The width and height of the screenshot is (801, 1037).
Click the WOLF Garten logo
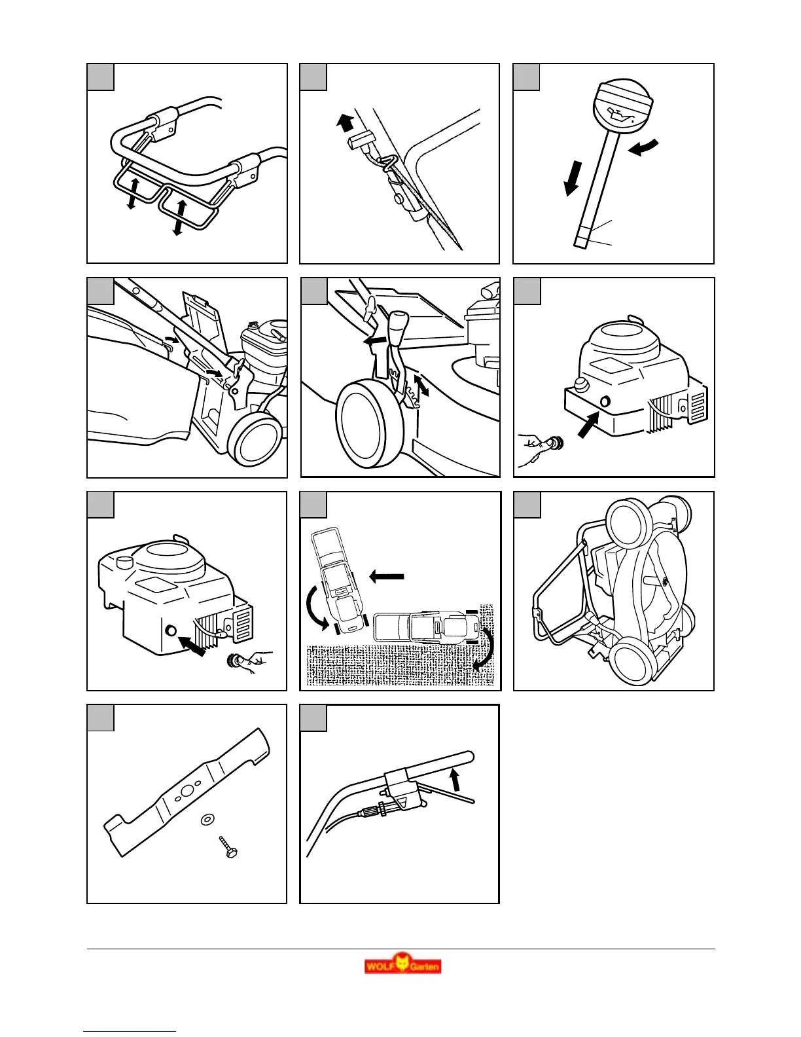click(x=402, y=966)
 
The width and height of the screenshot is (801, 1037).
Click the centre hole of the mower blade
click(x=187, y=790)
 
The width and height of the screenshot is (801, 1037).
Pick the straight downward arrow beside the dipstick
click(x=571, y=179)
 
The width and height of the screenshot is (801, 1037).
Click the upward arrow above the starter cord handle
click(x=344, y=122)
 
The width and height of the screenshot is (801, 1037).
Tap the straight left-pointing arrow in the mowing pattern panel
click(x=387, y=577)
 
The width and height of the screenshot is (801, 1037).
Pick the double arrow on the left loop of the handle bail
click(x=132, y=193)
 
